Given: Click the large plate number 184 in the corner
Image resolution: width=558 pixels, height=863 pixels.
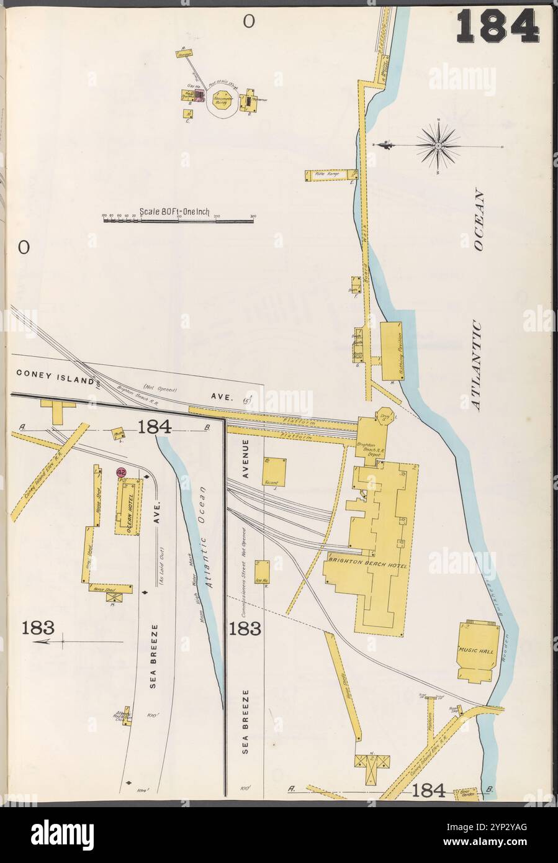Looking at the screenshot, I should pos(498,26).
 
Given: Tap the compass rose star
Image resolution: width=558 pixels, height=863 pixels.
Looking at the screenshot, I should pos(438,146).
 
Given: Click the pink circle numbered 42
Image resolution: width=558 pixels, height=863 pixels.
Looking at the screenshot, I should pos(122,472).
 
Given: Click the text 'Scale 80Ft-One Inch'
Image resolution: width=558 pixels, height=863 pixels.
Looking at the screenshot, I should pos(176,211).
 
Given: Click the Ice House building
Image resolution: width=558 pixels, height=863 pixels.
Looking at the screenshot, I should pos(261,572).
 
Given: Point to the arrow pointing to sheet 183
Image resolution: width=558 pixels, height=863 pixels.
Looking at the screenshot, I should pos(50,642).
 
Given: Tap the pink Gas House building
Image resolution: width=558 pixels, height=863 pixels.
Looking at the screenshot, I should pos(199,94).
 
